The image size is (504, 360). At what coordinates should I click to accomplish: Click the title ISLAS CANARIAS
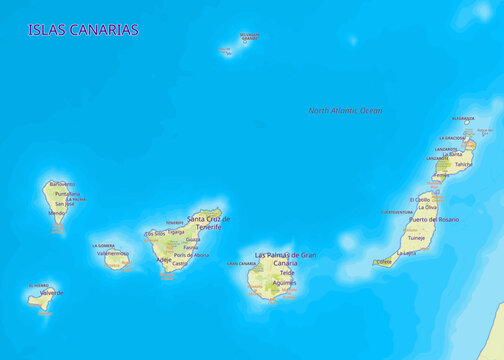(x=83, y=30)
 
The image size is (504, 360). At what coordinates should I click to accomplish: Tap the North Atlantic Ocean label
(x=345, y=111)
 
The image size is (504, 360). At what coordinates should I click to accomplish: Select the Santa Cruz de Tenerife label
(x=208, y=222)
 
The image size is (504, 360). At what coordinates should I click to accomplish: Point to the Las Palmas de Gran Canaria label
(x=285, y=258)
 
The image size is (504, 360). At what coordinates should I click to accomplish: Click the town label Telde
(x=287, y=272)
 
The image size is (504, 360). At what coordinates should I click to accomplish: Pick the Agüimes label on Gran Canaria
(x=284, y=283)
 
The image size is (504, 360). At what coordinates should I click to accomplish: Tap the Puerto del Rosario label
(x=434, y=219)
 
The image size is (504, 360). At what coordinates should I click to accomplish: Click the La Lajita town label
(x=406, y=254)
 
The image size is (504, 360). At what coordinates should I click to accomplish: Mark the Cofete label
(x=383, y=262)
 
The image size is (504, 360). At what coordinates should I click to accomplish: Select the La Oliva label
(x=424, y=207)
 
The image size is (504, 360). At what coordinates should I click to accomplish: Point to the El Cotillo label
(x=420, y=199)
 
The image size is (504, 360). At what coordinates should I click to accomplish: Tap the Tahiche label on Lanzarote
(x=462, y=165)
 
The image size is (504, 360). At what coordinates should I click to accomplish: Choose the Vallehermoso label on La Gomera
(x=113, y=254)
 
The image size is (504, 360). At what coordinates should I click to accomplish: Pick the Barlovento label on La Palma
(x=61, y=185)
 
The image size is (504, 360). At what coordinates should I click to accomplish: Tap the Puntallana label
(x=68, y=194)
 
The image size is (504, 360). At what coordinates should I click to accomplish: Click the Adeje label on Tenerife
(x=164, y=260)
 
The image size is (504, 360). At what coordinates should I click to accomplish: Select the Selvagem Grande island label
(x=249, y=37)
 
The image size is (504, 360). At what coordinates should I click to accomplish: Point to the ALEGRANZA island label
(x=462, y=119)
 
